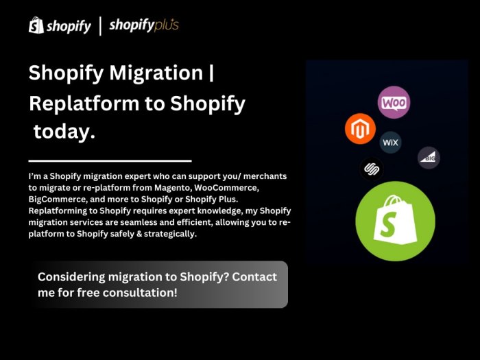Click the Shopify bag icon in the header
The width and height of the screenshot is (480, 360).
36,25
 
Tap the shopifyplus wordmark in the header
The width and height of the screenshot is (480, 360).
144,26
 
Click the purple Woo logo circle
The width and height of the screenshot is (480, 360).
394,103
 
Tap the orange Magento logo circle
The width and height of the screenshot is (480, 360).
360,128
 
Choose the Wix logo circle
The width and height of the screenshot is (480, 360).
390,143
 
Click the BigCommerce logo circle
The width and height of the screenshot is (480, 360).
429,158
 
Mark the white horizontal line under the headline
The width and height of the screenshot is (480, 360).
110,160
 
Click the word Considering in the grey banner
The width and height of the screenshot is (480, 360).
71,277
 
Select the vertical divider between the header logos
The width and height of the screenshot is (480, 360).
101,26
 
